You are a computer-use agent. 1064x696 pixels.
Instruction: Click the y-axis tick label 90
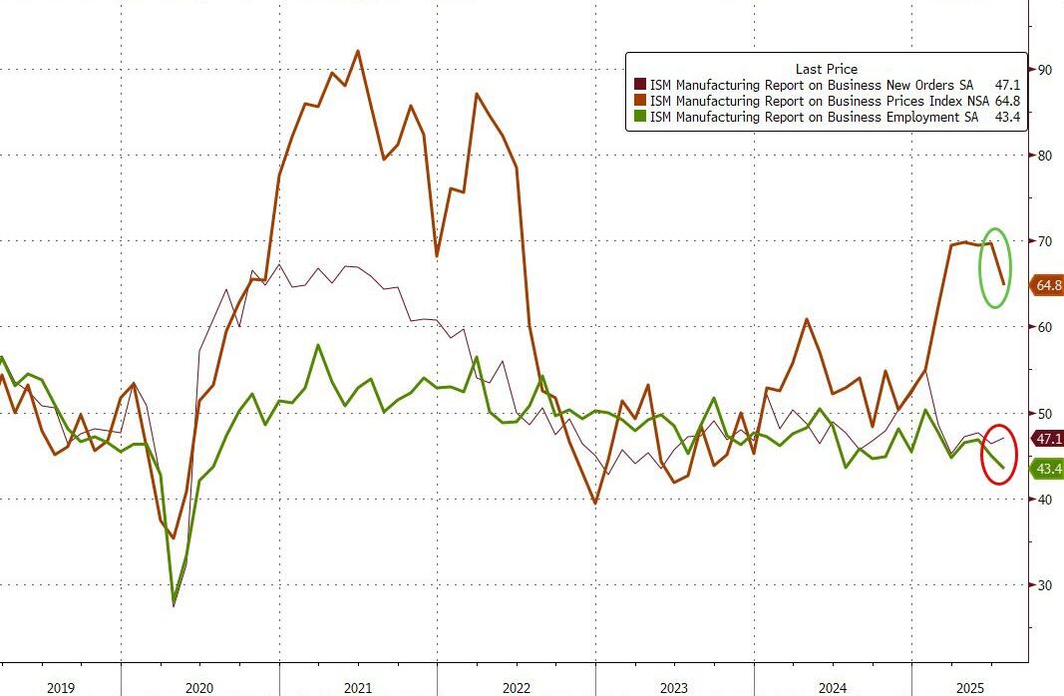tap(1045, 70)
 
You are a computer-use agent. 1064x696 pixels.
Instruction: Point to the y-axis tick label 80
tap(1045, 156)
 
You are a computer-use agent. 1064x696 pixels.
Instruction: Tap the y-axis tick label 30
tap(1045, 585)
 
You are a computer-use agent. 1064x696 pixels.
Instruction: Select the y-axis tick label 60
tap(1045, 327)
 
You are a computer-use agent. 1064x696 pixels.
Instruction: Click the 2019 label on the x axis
tap(60, 688)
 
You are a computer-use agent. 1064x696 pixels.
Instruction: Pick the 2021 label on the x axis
tap(358, 688)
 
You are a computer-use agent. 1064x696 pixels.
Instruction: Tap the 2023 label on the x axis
tap(674, 688)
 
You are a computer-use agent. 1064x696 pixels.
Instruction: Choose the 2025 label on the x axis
tap(972, 688)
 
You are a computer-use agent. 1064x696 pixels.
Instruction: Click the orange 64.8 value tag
tap(1047, 285)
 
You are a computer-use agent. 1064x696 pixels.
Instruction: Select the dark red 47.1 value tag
tap(1047, 439)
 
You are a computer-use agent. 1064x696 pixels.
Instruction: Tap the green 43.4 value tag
tap(1047, 469)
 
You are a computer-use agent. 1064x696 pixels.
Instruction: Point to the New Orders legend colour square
tap(641, 85)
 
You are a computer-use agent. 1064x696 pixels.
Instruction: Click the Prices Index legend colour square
tap(641, 101)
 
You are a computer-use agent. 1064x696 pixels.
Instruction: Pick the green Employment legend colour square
tap(641, 117)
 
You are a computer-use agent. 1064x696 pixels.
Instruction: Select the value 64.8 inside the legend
tap(1007, 101)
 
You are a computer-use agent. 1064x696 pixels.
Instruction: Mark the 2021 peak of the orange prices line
tap(358, 51)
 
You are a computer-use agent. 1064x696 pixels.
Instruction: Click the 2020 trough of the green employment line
tap(175, 602)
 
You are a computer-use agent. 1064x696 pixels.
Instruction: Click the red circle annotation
tap(999, 455)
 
